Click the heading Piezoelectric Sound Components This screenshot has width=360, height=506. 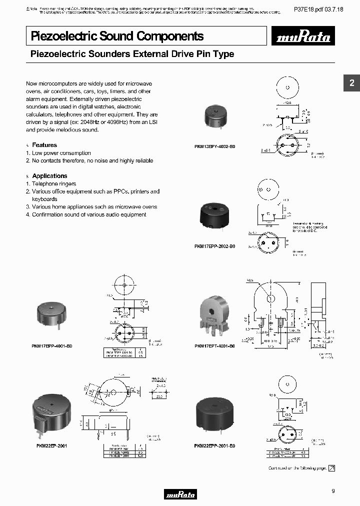117,36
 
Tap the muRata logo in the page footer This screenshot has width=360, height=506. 180,494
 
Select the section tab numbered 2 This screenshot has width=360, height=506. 351,83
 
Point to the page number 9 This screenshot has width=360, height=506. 333,491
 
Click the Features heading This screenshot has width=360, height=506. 44,145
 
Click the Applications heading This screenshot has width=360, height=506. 49,176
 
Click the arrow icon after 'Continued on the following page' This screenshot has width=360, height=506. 331,468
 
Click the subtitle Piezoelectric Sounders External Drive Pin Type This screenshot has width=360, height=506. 132,54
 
